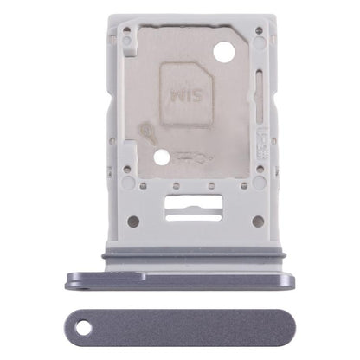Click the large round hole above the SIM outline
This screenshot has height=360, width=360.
click(x=222, y=52)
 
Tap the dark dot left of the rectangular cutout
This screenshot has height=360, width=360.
click(x=132, y=221)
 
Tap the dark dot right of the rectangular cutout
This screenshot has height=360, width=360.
click(x=257, y=221)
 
